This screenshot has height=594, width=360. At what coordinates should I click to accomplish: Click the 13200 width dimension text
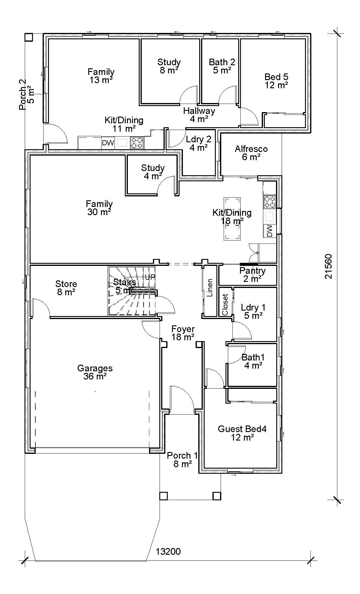click(168, 551)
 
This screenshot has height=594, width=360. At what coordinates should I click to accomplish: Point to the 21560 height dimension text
click(329, 266)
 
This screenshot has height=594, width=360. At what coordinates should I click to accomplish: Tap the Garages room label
click(95, 368)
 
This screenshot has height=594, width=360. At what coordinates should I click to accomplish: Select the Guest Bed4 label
click(242, 429)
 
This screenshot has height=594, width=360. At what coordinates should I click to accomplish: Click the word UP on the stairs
click(150, 277)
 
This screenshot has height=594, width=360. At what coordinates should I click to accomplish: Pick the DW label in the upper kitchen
click(108, 143)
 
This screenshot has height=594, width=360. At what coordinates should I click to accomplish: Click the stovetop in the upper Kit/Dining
click(137, 143)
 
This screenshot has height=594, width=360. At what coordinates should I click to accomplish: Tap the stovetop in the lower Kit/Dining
click(270, 202)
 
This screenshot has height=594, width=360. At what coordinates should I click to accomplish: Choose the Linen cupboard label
click(210, 288)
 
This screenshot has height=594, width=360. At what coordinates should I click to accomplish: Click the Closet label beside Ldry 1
click(225, 305)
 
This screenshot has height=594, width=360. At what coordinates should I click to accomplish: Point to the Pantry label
click(252, 271)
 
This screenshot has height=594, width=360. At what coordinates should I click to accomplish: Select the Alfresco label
click(251, 149)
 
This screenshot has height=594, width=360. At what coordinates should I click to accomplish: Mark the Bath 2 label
click(222, 62)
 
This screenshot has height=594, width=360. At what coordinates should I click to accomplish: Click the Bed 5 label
click(276, 77)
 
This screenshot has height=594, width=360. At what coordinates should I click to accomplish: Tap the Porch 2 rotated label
click(23, 94)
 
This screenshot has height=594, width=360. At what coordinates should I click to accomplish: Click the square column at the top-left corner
click(28, 37)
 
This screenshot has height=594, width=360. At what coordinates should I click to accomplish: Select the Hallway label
click(199, 111)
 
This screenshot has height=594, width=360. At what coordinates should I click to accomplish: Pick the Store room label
click(66, 284)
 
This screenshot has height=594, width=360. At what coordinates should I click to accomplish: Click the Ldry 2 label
click(198, 139)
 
